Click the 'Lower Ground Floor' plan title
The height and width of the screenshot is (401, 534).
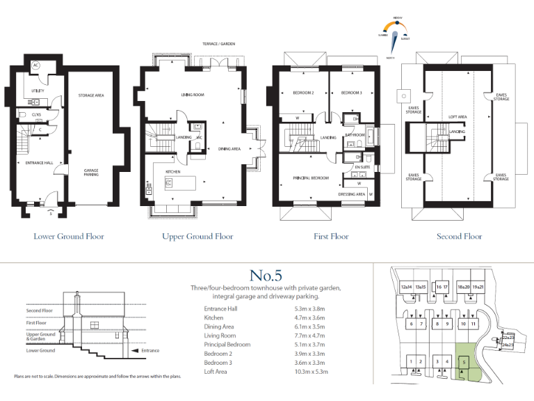[x=69, y=237]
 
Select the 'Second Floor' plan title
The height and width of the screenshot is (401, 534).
[x=459, y=237]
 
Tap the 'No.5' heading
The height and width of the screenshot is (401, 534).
[x=266, y=276]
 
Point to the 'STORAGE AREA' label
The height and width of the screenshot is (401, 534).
[x=91, y=95]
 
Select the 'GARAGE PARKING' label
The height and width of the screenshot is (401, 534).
[x=91, y=172]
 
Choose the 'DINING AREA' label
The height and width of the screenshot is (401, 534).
[x=230, y=148]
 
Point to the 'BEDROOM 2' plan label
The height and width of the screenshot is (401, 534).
[x=304, y=93]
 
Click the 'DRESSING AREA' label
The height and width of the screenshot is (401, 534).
[x=352, y=194]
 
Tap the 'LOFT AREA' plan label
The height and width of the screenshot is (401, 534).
[x=457, y=117]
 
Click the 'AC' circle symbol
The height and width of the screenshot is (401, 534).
[x=37, y=66]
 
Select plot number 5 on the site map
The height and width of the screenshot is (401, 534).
[x=462, y=361]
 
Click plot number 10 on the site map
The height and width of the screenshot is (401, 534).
[x=463, y=324]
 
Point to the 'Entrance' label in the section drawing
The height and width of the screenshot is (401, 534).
[x=150, y=351]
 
